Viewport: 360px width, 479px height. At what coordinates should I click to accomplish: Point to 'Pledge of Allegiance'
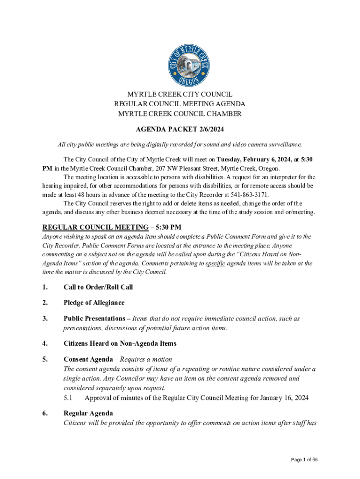(94, 303)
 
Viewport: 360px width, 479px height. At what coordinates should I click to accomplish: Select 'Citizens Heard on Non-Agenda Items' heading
(120, 343)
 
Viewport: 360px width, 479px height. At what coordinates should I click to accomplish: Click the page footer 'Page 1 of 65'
(304, 460)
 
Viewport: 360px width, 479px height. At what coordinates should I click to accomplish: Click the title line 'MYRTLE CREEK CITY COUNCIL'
(180, 94)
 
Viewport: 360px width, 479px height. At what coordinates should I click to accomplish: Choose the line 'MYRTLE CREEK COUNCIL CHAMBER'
(180, 114)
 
